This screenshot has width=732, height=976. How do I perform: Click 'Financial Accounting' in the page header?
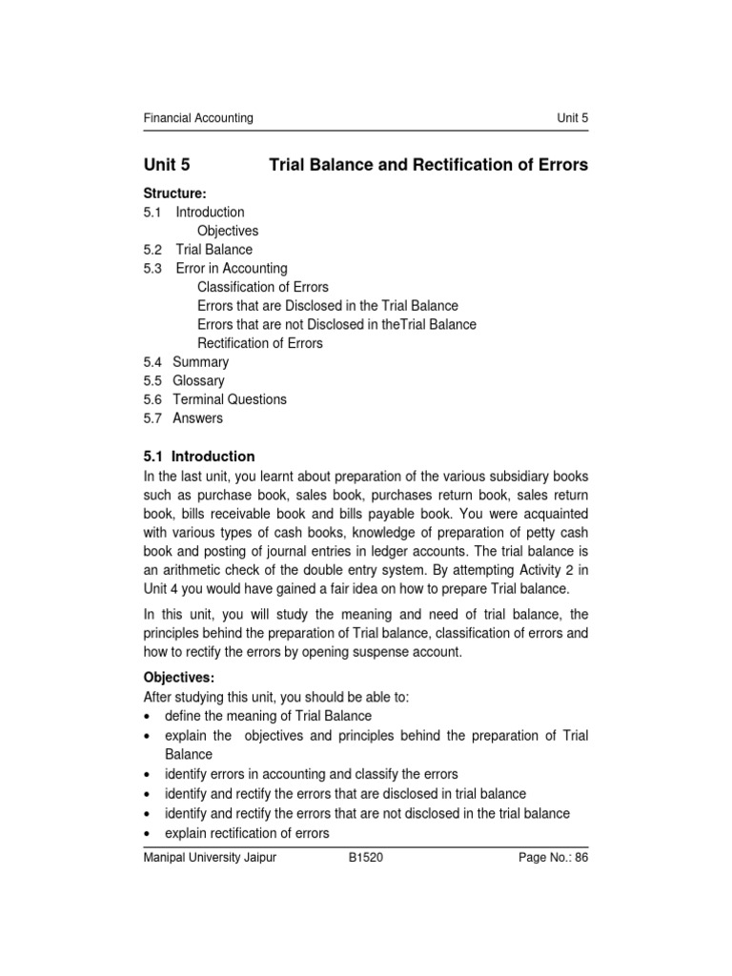(x=198, y=118)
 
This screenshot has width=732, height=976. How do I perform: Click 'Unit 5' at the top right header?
(x=572, y=118)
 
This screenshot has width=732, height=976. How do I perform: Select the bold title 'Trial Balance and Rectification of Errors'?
(x=429, y=165)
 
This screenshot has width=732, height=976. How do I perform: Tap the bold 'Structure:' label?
(x=174, y=193)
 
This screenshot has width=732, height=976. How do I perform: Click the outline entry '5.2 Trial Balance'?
(x=197, y=250)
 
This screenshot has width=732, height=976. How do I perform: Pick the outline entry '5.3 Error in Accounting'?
(x=214, y=269)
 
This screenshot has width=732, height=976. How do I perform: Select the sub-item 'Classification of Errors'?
(x=262, y=287)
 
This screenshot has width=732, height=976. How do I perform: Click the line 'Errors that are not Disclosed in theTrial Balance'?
(x=336, y=324)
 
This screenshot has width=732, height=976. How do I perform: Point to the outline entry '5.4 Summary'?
(x=186, y=362)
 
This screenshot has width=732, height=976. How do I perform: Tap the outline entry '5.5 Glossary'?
(x=184, y=381)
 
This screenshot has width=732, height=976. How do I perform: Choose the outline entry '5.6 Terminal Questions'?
(x=214, y=399)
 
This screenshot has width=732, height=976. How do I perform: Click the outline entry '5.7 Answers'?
(x=183, y=418)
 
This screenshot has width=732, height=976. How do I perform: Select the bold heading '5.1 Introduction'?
(x=198, y=457)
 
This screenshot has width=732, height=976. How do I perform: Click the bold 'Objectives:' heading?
(x=178, y=678)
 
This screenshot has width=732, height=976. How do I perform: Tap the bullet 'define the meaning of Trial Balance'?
(x=268, y=716)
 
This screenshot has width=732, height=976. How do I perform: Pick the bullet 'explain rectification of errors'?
(x=247, y=833)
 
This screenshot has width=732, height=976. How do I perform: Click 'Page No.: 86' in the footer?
(x=553, y=858)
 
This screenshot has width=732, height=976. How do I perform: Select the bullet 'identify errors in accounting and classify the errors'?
(x=311, y=774)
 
